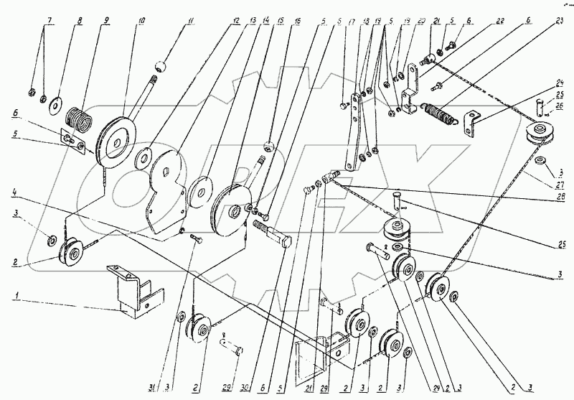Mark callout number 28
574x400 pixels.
coord(560,203)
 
